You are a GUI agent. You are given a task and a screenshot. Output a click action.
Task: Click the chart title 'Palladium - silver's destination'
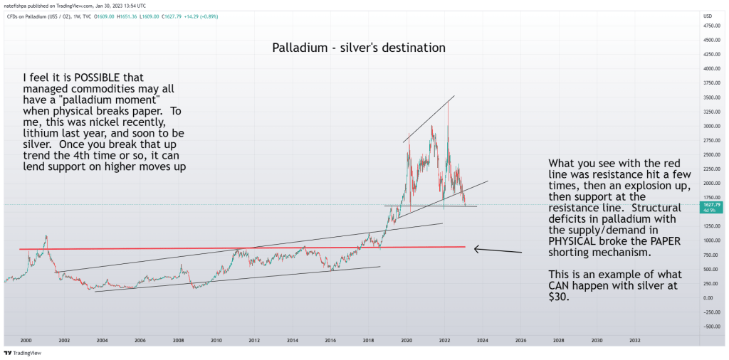point(359,48)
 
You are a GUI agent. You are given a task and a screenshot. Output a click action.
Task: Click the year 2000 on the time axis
point(26,341)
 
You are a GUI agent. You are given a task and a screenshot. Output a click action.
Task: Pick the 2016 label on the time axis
point(330,341)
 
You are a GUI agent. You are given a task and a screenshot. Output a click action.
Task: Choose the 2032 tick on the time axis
point(634,341)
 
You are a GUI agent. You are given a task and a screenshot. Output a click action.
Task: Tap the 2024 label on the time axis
point(482,341)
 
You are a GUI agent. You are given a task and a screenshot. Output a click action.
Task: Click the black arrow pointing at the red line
point(498,250)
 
